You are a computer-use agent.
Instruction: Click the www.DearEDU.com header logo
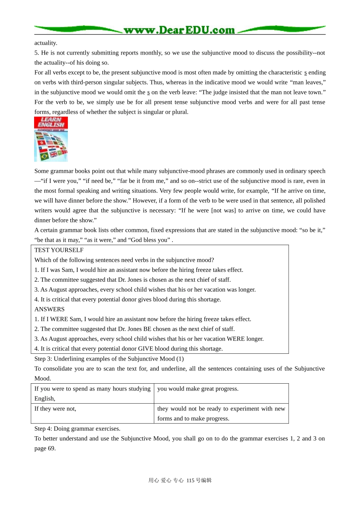point(179,30)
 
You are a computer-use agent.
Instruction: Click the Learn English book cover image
point(51,139)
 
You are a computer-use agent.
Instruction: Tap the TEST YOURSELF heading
point(59,250)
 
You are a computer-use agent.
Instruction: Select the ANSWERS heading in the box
point(49,309)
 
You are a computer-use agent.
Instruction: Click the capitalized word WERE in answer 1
point(60,319)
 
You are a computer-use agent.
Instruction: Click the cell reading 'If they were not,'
point(55,409)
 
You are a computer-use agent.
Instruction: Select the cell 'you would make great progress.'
point(198,389)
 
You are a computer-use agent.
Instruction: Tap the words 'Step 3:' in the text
point(43,359)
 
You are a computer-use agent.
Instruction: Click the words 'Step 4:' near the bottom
point(43,428)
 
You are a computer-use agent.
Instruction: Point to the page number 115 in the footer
point(190,480)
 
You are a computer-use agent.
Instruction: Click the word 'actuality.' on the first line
point(46,43)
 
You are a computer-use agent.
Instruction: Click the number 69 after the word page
point(52,448)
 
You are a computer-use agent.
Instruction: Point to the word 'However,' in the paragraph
point(144,200)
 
